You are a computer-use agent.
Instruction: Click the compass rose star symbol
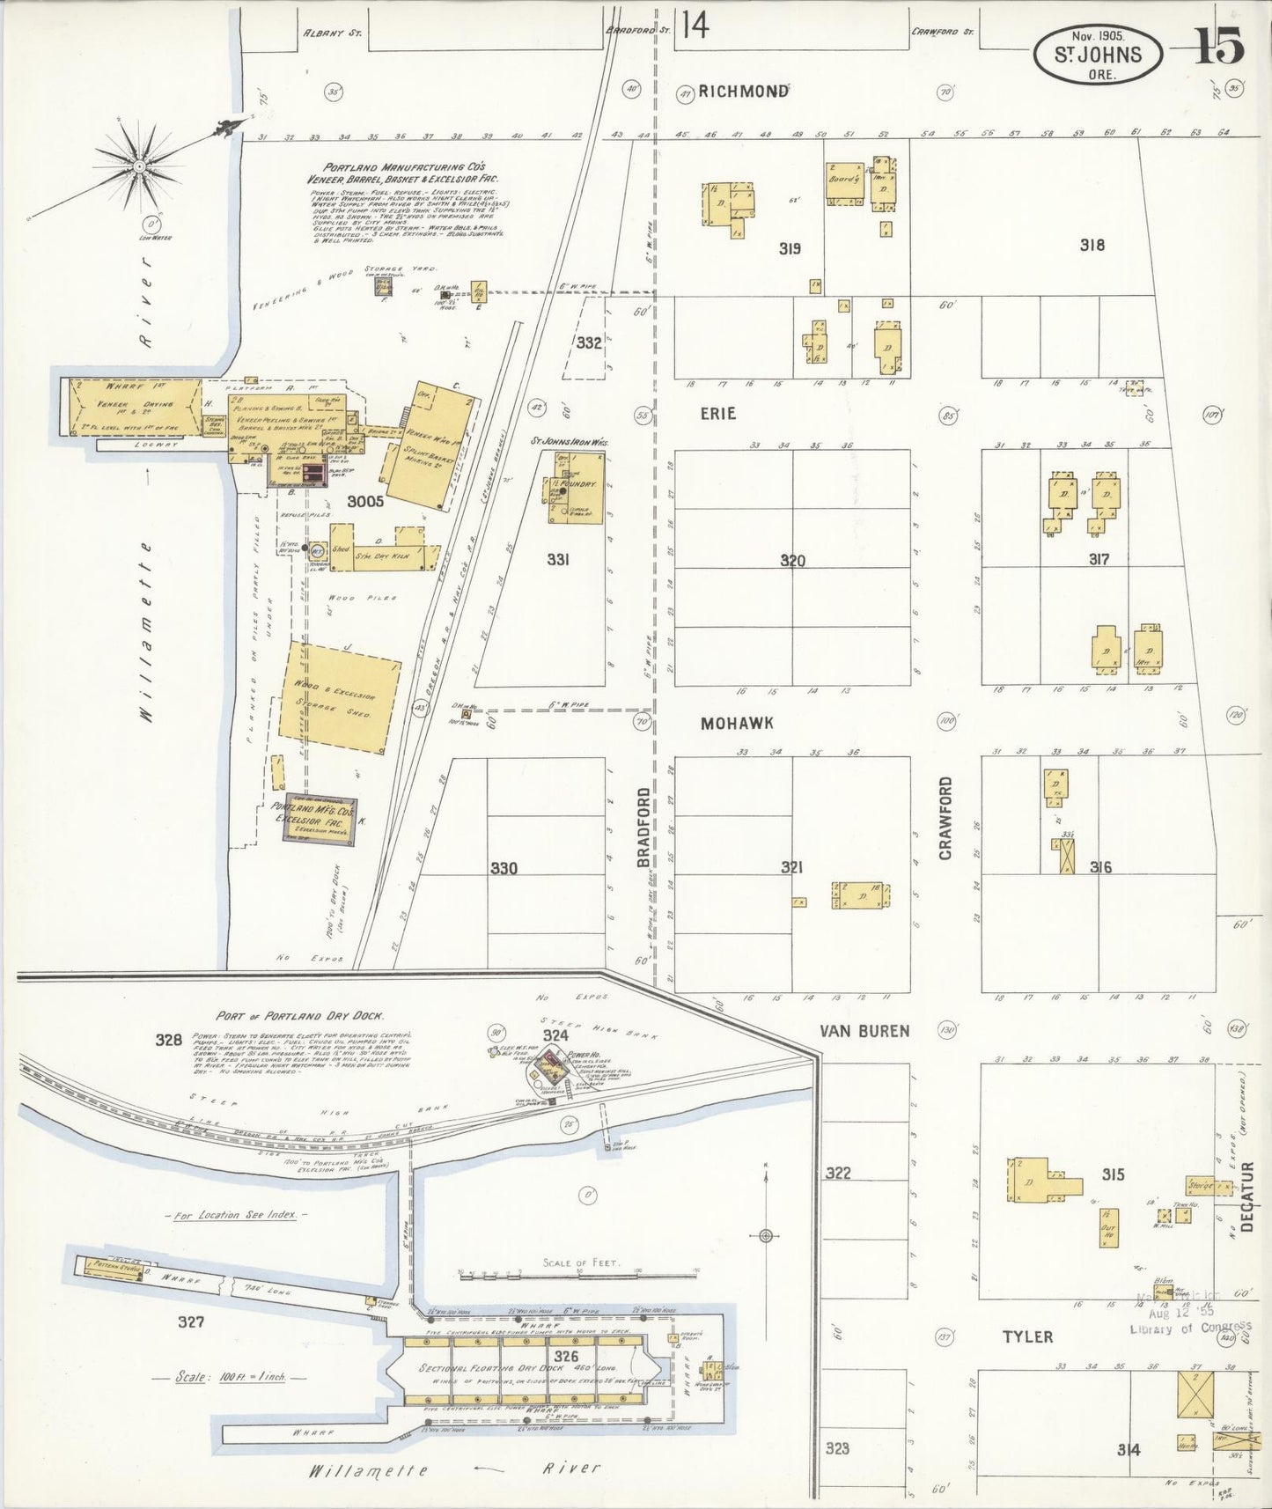coord(139,164)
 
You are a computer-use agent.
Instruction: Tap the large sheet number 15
coord(1219,47)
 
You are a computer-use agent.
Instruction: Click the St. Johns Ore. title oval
coord(1098,55)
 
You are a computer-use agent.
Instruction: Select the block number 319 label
coord(790,249)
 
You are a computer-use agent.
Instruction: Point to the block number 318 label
coord(1092,246)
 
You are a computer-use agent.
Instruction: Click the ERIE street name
coord(718,413)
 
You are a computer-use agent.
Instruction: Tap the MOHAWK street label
coord(737,723)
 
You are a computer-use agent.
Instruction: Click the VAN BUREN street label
coord(864,1030)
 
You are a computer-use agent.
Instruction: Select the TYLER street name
coord(1027,1336)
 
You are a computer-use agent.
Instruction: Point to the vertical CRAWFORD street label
coord(946,818)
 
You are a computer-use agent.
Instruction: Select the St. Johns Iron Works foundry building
coord(577,489)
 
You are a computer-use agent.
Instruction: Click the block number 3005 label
coord(364,502)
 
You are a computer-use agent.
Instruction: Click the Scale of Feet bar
coord(577,1274)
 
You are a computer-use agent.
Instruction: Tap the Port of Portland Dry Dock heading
coord(299,1015)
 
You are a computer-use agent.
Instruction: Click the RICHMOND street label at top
coord(742,92)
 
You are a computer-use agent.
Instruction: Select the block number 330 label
coord(504,869)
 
